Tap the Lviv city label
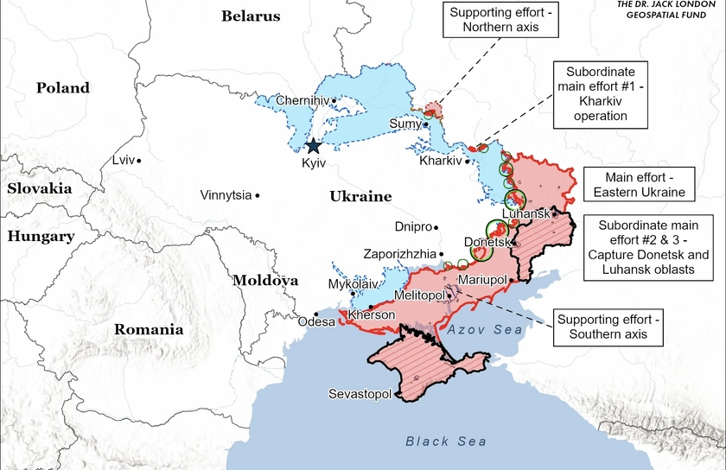click(x=124, y=160)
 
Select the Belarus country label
click(x=251, y=16)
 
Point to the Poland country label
click(x=62, y=87)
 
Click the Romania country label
click(x=148, y=328)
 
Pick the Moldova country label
click(x=264, y=280)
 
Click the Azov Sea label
click(x=486, y=330)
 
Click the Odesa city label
click(x=315, y=322)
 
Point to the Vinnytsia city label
click(x=226, y=194)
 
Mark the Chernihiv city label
click(x=302, y=101)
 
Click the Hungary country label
click(x=40, y=235)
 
